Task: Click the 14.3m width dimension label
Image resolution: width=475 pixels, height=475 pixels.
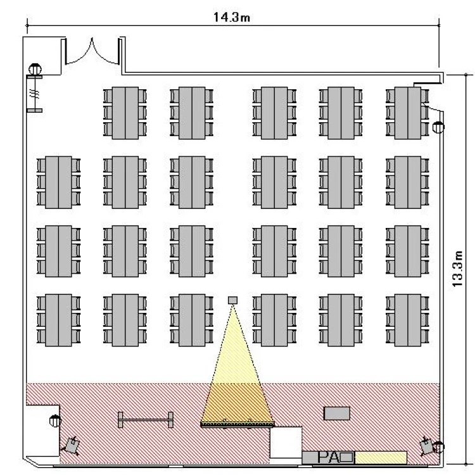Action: coord(232,17)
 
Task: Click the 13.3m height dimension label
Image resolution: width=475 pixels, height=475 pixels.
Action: coord(457,269)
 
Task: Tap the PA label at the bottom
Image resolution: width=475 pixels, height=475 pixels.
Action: coord(329,457)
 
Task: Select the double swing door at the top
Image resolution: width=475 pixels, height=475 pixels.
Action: coord(92,51)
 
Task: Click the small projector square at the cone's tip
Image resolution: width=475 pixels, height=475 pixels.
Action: coord(232,300)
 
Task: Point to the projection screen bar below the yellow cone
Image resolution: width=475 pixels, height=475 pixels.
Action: coord(237,424)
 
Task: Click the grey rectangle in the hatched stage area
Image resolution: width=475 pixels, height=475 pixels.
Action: coord(337,414)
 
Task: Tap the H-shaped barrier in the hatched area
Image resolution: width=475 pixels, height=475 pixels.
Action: coord(146,420)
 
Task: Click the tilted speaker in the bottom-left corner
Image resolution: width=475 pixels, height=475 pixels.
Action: coord(71,446)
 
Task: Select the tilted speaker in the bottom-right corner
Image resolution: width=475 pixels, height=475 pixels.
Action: coord(426,446)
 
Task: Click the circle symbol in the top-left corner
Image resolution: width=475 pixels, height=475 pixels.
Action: coord(35,70)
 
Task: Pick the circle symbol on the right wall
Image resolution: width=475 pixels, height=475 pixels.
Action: coord(438,127)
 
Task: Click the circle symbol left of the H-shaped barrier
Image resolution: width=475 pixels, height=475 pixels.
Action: coord(56,421)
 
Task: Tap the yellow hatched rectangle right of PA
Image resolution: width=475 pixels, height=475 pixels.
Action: coord(381,457)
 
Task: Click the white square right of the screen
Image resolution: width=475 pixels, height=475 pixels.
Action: coord(286,442)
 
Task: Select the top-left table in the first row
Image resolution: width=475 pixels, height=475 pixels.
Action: coord(125,113)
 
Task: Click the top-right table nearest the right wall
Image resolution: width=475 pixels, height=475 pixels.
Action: coord(407,113)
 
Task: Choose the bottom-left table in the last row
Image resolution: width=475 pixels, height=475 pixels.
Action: coord(58,320)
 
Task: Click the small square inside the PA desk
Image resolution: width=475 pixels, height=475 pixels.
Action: coord(347,457)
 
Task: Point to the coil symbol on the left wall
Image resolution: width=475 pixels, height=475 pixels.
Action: coord(34,94)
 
